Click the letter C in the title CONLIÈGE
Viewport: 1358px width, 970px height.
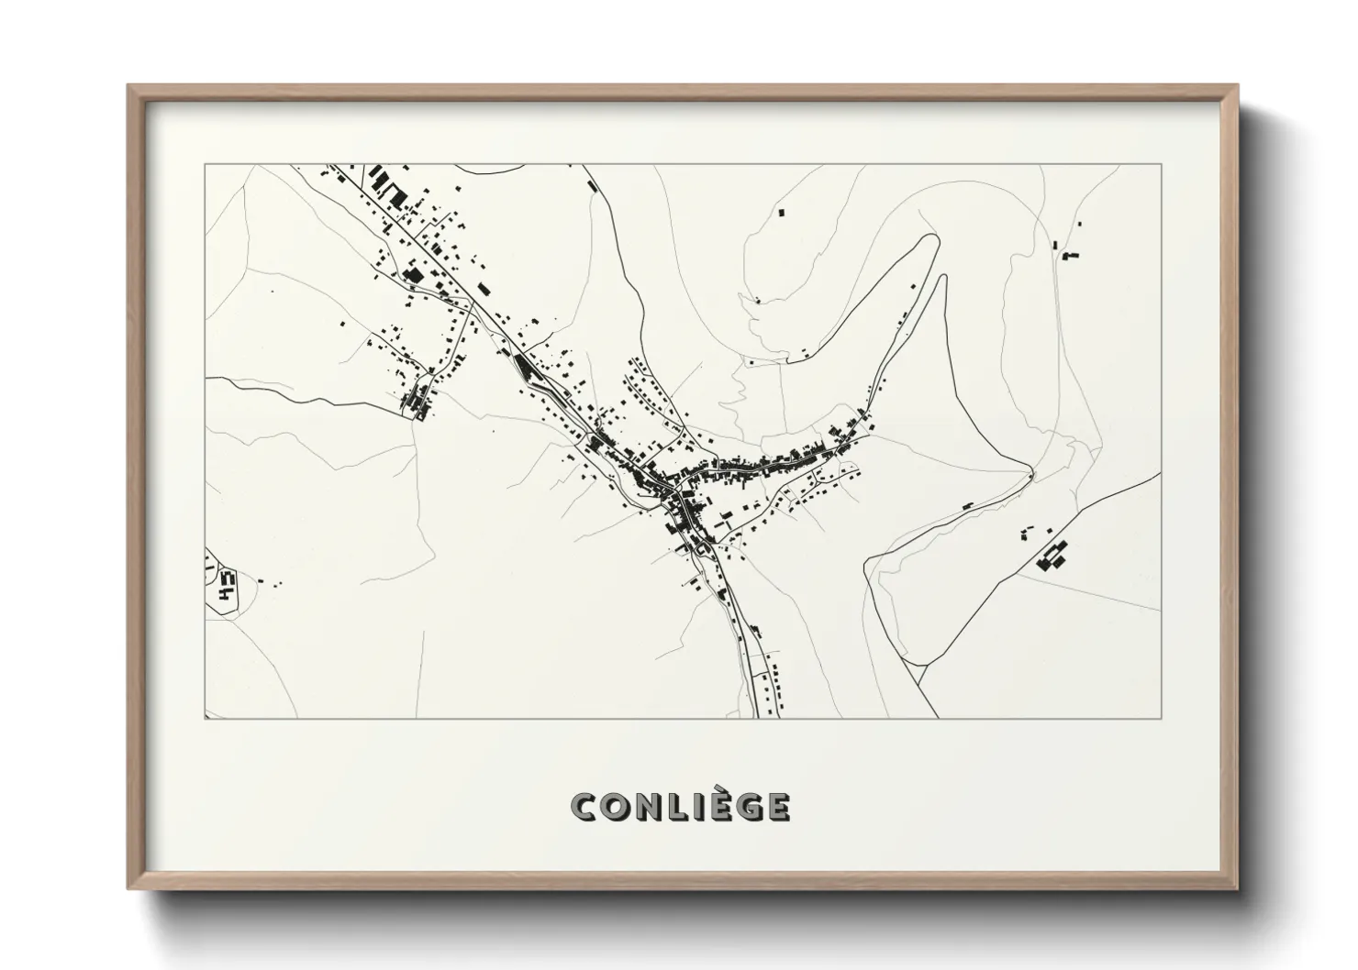[584, 807]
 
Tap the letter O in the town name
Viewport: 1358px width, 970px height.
[613, 807]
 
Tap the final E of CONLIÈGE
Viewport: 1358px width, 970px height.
[775, 807]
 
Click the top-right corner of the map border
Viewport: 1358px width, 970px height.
[1161, 164]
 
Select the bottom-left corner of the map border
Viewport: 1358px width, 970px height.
[205, 718]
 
